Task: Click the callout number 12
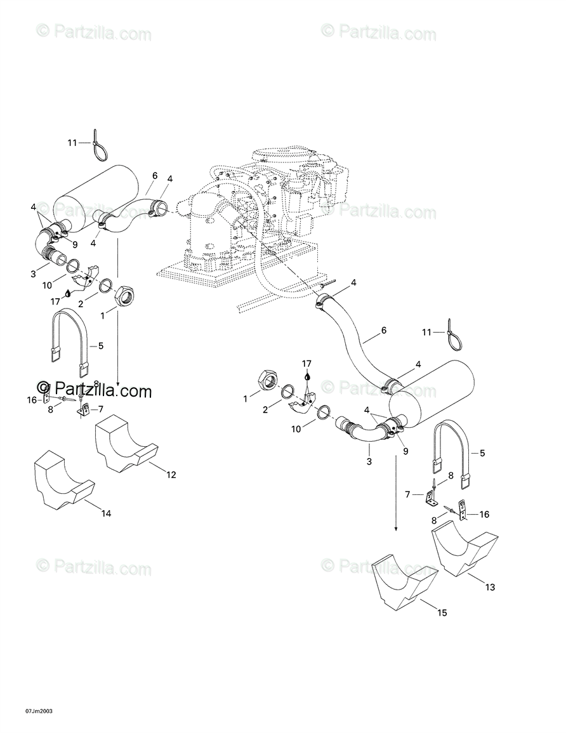point(171,475)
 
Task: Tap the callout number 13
point(490,587)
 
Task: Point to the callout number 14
point(106,513)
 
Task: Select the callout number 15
point(442,612)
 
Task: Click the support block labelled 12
point(126,444)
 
